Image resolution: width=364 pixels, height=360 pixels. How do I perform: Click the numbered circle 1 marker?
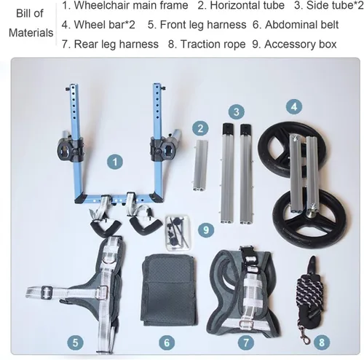click(x=115, y=162)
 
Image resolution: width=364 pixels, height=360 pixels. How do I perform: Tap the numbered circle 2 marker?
click(x=200, y=128)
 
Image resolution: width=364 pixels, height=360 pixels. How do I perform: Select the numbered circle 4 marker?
click(x=294, y=106)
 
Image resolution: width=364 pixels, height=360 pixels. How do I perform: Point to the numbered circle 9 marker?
click(x=206, y=230)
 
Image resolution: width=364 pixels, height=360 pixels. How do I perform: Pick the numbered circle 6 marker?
click(x=167, y=343)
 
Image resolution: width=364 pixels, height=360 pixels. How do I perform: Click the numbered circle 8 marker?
click(x=322, y=343)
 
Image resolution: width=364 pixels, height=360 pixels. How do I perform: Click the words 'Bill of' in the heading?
click(x=30, y=14)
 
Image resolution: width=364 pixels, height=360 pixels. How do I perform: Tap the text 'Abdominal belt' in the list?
click(x=301, y=25)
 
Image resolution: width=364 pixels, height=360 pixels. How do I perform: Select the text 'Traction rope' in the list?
click(x=213, y=44)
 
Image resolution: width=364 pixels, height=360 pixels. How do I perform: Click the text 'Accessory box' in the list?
click(x=301, y=44)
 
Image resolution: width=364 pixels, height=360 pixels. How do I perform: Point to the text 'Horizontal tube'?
click(x=248, y=5)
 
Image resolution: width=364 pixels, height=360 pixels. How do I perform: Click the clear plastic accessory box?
click(x=178, y=232)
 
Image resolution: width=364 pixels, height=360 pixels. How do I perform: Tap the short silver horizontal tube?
click(x=200, y=165)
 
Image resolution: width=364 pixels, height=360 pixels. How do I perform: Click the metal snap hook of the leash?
click(x=304, y=334)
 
